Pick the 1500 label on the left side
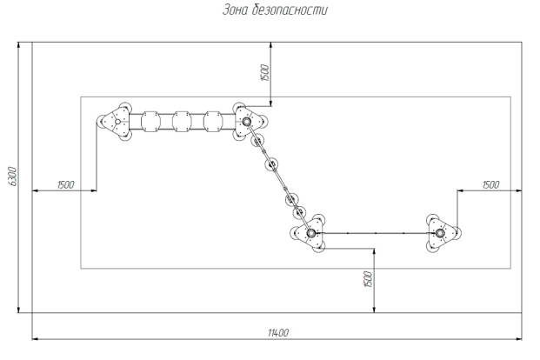point(64,184)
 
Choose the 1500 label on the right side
point(490,184)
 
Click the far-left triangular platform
point(114,123)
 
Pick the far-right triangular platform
point(441,233)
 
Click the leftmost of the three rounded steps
point(149,122)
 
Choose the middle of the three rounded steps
point(181,122)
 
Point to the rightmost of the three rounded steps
point(211,122)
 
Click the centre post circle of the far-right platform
point(440,233)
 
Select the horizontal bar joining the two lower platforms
point(375,233)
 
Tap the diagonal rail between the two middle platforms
point(279,177)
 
